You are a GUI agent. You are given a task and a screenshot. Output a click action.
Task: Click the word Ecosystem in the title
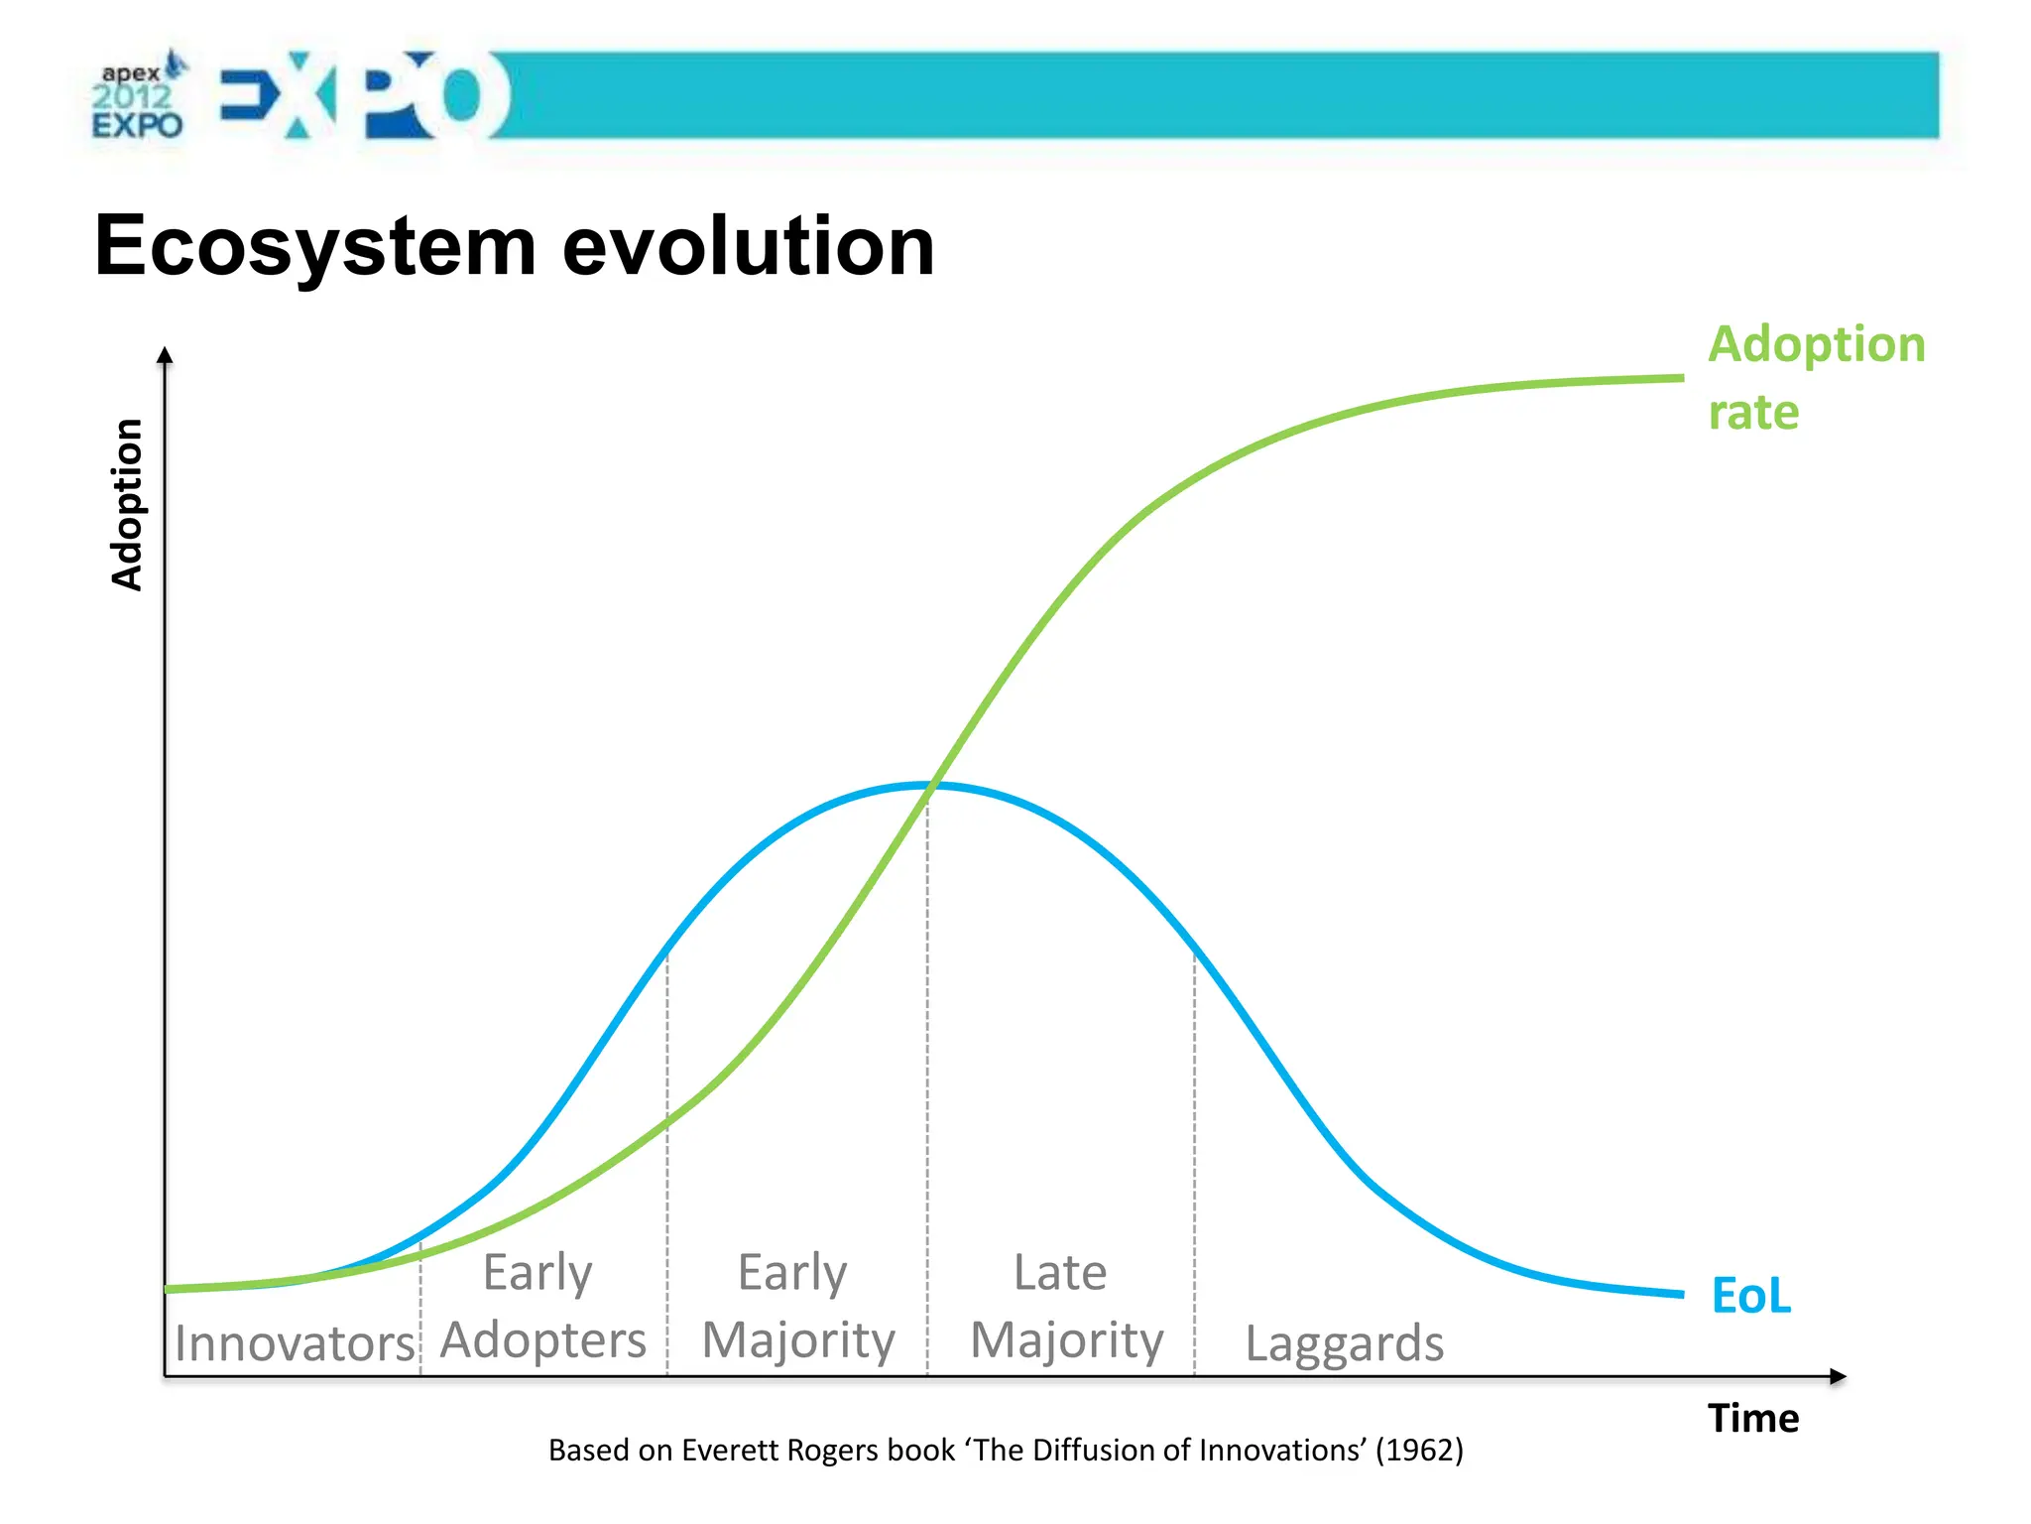315,246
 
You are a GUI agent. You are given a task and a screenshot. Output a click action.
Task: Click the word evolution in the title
749,246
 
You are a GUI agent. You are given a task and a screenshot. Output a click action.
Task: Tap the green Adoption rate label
1815,377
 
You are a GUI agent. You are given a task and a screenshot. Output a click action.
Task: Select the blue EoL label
1751,1295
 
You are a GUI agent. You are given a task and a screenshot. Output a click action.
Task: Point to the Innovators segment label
294,1343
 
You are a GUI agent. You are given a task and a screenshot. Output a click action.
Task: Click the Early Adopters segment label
541,1306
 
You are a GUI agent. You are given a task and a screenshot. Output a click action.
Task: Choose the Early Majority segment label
797,1306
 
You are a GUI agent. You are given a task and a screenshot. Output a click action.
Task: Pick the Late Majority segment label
1065,1306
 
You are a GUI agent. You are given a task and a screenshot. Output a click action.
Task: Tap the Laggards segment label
1344,1343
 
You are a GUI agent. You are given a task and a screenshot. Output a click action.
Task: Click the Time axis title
1752,1418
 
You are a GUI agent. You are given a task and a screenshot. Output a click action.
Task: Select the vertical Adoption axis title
127,504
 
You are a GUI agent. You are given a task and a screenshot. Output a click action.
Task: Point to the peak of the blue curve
928,786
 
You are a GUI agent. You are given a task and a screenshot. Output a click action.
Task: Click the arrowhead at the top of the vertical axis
166,354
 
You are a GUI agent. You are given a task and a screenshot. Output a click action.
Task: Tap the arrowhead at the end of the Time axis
1838,1376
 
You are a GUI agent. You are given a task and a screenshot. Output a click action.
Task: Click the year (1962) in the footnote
1418,1450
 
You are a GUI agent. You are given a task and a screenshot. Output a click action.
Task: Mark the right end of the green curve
1680,378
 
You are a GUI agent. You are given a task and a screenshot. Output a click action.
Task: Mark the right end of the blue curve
1680,1294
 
